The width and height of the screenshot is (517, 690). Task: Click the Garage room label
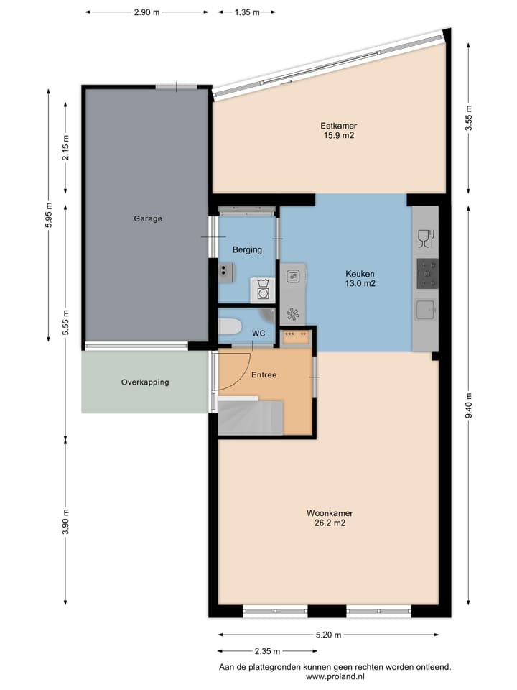click(148, 218)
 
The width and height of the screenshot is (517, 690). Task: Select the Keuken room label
click(360, 274)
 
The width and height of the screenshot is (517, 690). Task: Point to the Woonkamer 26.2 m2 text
click(330, 518)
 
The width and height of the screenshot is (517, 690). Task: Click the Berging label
click(247, 250)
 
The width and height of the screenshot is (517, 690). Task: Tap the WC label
click(258, 333)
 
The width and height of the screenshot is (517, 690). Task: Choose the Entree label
click(264, 375)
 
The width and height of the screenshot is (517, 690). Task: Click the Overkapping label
click(145, 382)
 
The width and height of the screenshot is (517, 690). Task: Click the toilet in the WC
click(230, 328)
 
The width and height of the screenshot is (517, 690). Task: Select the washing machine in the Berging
click(263, 290)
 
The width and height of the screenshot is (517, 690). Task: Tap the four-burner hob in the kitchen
click(427, 273)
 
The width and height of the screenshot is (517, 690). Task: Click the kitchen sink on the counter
click(426, 310)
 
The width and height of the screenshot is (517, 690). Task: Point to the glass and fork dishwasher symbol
click(426, 239)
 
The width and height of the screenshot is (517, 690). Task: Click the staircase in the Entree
click(251, 416)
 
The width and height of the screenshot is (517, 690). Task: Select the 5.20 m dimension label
click(328, 635)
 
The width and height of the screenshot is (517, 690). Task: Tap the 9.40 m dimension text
click(469, 405)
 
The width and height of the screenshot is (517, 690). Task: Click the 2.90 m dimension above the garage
click(146, 12)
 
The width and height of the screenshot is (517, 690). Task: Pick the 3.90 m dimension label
click(66, 522)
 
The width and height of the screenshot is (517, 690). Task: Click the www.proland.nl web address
click(335, 677)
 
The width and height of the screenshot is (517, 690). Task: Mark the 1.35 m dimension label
click(246, 12)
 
